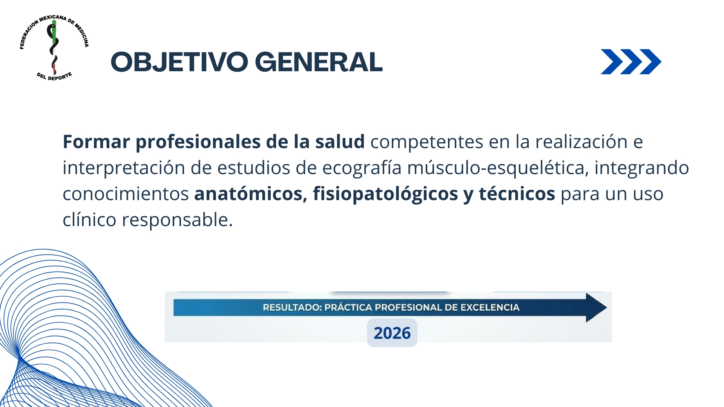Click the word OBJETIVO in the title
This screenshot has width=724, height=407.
(x=179, y=62)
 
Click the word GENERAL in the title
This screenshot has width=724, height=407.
(x=319, y=62)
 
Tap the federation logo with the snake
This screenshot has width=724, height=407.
(x=54, y=48)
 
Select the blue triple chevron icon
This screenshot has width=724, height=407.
(x=631, y=62)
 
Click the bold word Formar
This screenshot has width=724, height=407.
(x=96, y=142)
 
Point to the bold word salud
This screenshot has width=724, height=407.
(x=340, y=142)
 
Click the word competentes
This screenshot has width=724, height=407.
(x=427, y=142)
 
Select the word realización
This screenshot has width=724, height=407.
(x=581, y=142)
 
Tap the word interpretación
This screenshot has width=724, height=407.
(x=124, y=168)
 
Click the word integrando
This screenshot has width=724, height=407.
(x=642, y=168)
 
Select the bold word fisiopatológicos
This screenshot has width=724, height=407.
(x=385, y=194)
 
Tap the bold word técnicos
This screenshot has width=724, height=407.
(x=517, y=194)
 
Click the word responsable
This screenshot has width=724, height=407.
(x=177, y=220)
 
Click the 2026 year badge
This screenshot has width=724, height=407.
(x=392, y=333)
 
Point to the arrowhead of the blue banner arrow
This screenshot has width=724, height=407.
(x=606, y=308)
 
